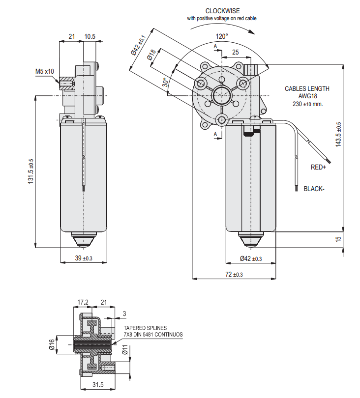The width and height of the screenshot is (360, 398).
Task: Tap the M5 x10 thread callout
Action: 45,71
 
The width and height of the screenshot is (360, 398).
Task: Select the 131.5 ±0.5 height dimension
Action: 30,171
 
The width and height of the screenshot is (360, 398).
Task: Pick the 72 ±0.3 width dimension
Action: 234,274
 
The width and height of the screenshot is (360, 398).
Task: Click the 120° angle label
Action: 222,36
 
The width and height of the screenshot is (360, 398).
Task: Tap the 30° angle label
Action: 165,83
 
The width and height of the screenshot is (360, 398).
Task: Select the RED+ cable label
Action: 318,167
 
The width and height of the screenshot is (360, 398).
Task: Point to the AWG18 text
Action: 307,97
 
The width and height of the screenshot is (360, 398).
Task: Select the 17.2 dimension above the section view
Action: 83,302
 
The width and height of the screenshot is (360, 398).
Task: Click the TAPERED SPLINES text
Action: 145,328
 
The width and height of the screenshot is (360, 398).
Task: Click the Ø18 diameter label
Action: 152,55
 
